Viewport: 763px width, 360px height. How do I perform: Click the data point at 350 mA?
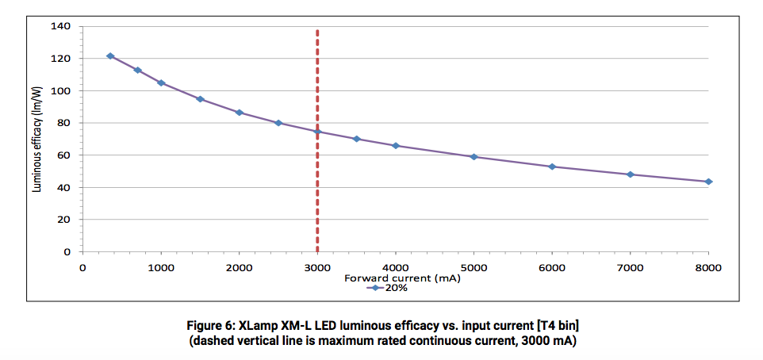109,56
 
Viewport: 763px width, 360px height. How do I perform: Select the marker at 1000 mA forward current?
161,83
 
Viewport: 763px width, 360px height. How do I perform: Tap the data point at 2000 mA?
239,113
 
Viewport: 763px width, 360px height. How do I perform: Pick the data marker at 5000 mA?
474,157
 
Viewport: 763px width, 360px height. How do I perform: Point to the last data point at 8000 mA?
708,182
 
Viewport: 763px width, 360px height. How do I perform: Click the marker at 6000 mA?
552,167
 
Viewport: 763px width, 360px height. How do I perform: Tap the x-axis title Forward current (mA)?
402,278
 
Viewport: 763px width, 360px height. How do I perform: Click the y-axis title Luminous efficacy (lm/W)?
37,140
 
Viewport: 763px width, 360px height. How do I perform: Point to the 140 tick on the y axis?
61,27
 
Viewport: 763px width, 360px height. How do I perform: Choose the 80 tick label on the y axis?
64,124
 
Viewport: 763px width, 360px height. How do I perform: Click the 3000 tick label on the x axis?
317,267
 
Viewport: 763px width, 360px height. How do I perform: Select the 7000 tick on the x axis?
630,267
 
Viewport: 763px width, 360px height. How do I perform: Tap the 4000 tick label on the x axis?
396,267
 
